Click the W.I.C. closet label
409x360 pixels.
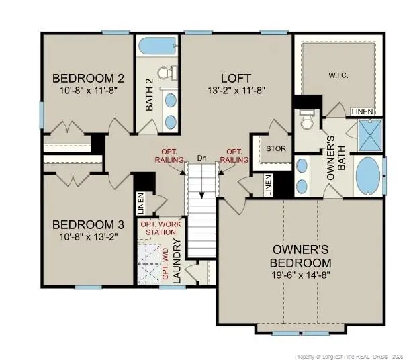pos(338,75)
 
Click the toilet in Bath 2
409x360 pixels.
pos(166,73)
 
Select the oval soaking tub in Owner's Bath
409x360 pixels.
pos(367,175)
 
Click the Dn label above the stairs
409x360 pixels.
pos(201,159)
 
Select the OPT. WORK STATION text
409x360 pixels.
pos(160,228)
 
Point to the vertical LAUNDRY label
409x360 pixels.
pos(178,261)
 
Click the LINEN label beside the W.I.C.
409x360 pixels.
pos(361,111)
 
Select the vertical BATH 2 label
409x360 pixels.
pos(150,95)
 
